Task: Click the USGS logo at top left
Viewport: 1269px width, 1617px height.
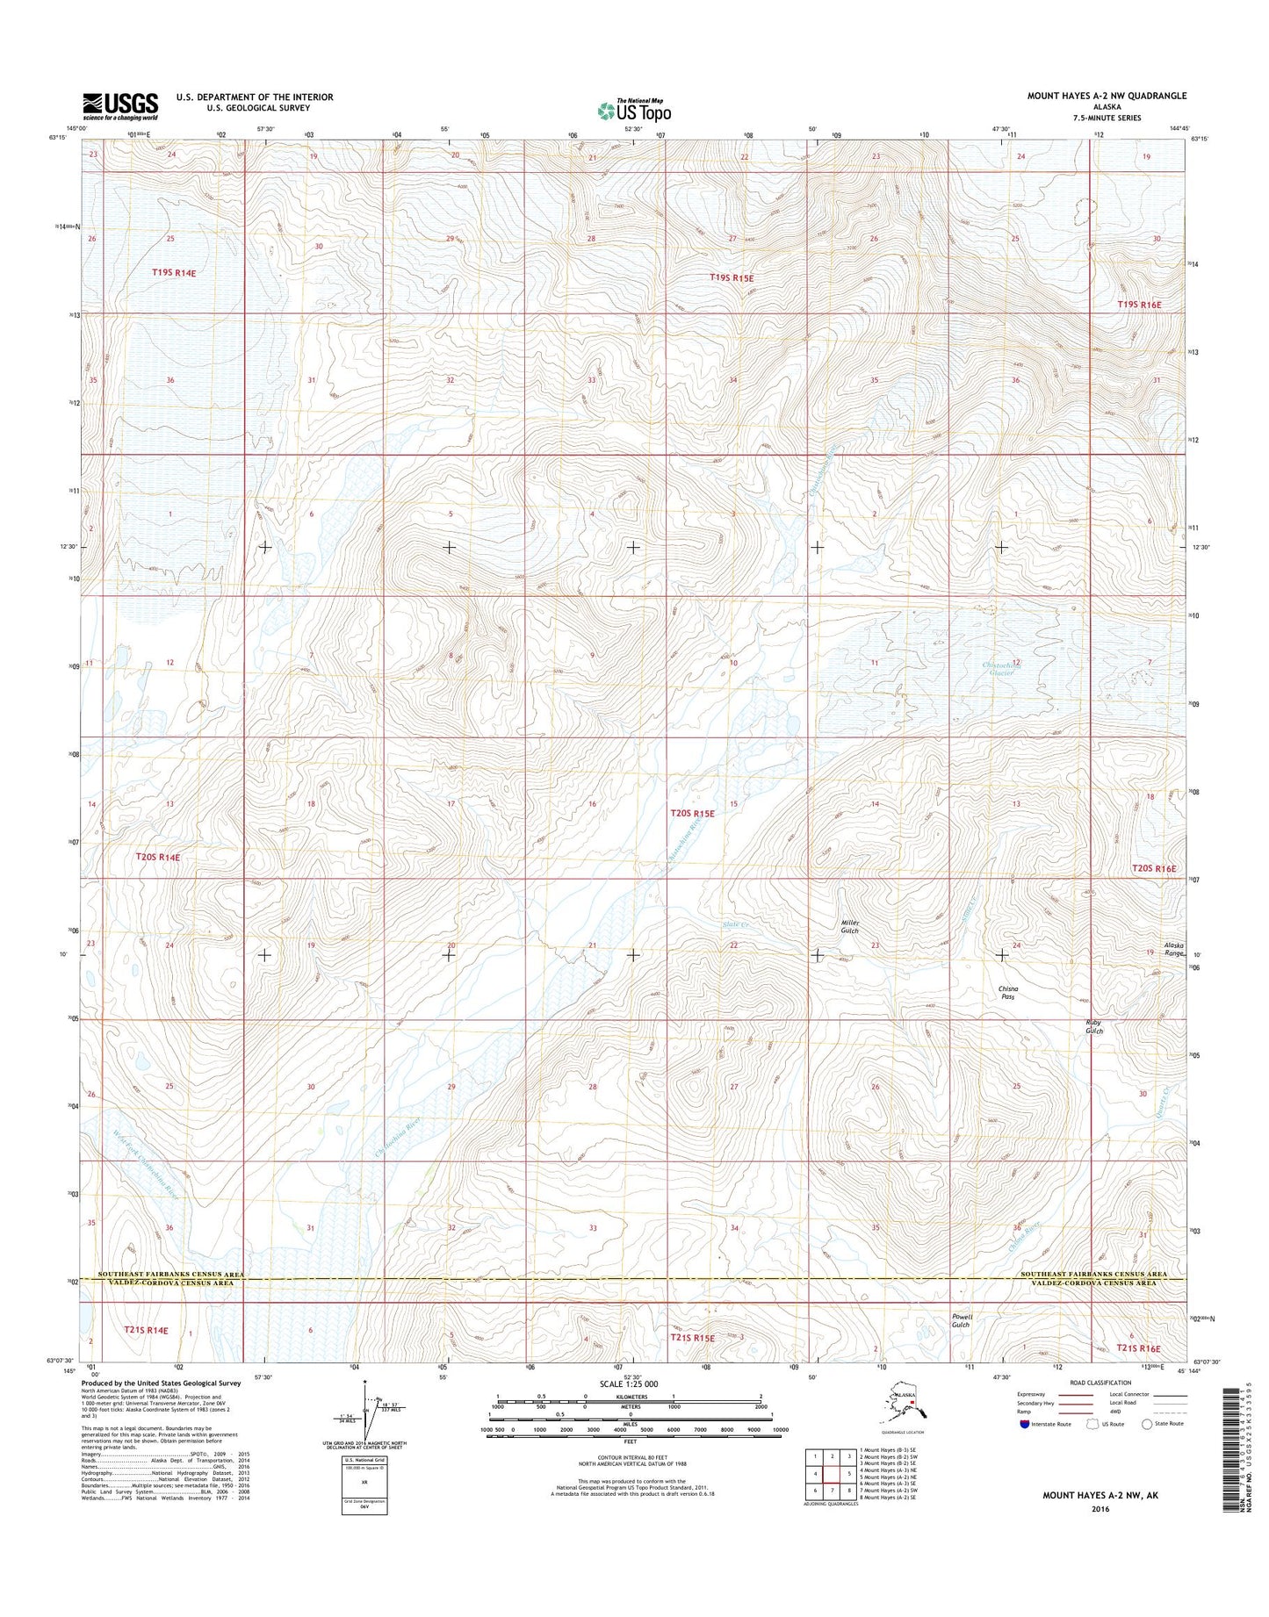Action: pyautogui.click(x=120, y=106)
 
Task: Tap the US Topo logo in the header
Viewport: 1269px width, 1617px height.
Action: pyautogui.click(x=633, y=110)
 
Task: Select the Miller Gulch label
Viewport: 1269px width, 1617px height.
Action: pyautogui.click(x=848, y=926)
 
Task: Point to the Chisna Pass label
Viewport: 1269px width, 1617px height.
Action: pyautogui.click(x=1008, y=993)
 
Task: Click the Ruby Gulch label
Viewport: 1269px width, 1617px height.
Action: pyautogui.click(x=1093, y=1026)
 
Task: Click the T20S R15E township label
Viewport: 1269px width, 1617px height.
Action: pyautogui.click(x=692, y=814)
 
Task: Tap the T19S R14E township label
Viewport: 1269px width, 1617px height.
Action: pyautogui.click(x=173, y=272)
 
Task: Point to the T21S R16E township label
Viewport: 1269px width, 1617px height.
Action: pyautogui.click(x=1138, y=1348)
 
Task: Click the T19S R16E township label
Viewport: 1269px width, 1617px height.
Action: pyautogui.click(x=1139, y=305)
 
